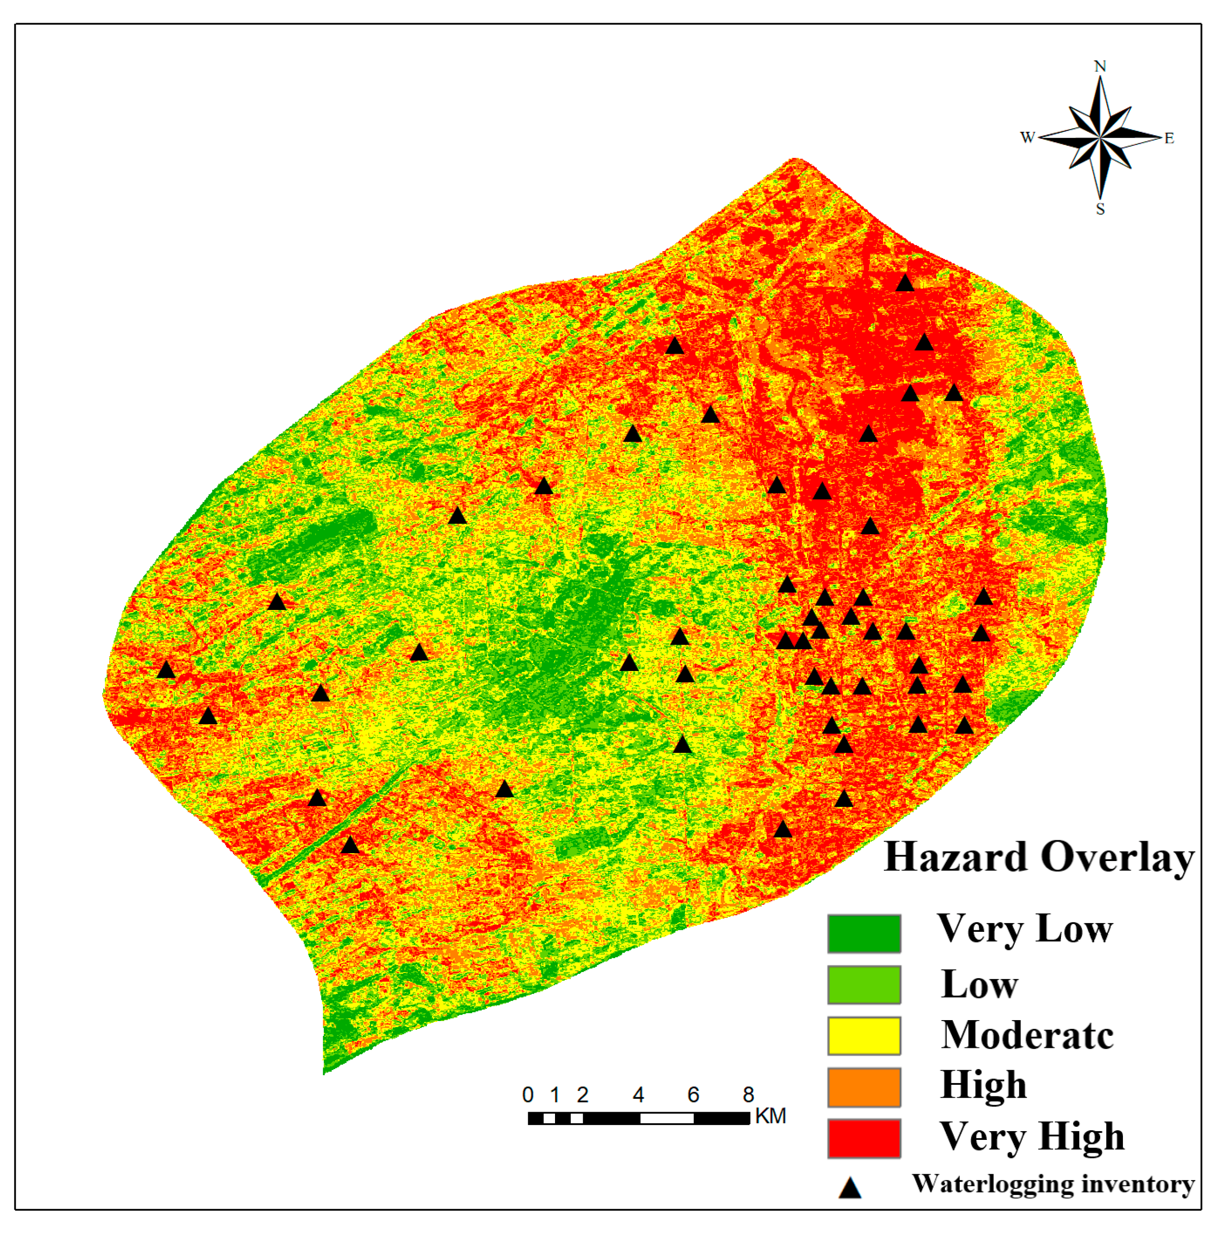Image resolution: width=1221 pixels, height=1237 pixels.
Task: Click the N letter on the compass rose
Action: pyautogui.click(x=1099, y=67)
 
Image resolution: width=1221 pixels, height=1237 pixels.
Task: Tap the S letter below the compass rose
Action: pyautogui.click(x=1100, y=209)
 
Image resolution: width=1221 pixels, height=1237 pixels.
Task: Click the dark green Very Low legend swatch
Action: pyautogui.click(x=864, y=934)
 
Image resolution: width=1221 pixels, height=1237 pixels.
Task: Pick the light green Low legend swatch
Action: pyautogui.click(x=864, y=985)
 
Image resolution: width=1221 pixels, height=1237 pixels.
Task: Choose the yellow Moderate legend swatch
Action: pyautogui.click(x=864, y=1036)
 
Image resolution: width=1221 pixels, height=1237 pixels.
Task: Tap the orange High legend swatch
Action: pyautogui.click(x=864, y=1087)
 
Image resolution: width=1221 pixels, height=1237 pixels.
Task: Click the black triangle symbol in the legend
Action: pyautogui.click(x=850, y=1189)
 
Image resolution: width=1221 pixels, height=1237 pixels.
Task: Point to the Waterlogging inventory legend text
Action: pyautogui.click(x=1053, y=1184)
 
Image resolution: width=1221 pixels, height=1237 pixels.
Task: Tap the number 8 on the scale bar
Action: pyautogui.click(x=748, y=1095)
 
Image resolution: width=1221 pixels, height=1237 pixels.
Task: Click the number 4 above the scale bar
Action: pyautogui.click(x=638, y=1095)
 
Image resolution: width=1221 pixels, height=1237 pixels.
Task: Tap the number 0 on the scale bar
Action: pyautogui.click(x=528, y=1095)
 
